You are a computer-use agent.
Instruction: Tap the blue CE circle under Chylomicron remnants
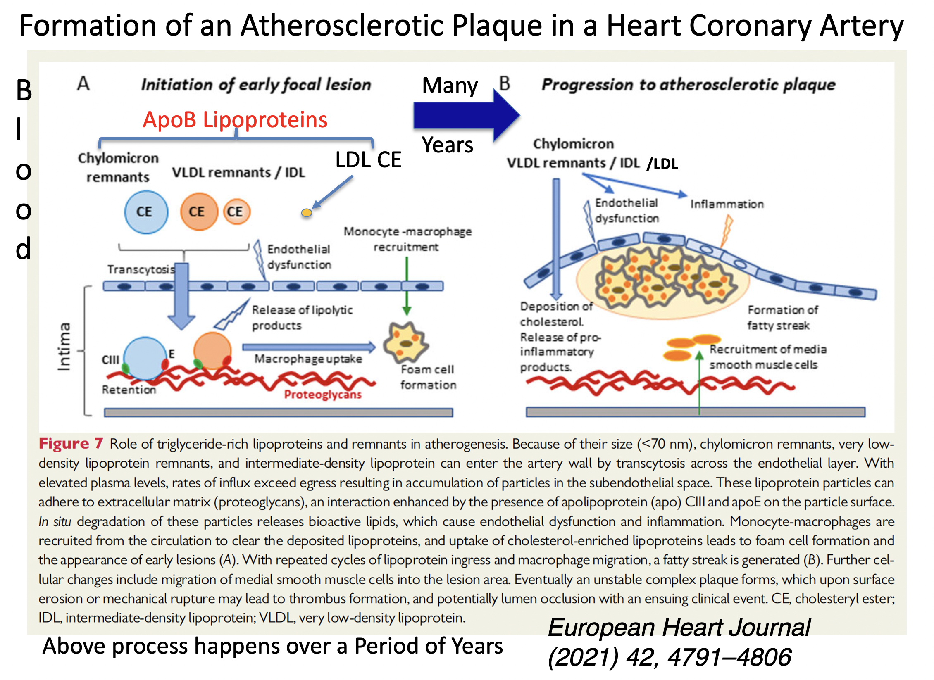[146, 212]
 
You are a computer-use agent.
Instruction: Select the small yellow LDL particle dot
[306, 213]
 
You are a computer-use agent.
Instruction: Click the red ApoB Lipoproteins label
[235, 120]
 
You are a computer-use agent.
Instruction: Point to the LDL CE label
[368, 160]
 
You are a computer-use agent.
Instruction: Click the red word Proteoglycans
[323, 395]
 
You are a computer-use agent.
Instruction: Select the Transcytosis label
[141, 269]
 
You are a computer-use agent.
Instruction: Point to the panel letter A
[83, 84]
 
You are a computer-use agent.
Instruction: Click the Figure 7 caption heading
[70, 444]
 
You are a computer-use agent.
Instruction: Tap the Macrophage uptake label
[308, 359]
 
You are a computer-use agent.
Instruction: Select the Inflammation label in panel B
[727, 204]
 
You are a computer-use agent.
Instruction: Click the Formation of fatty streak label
[782, 317]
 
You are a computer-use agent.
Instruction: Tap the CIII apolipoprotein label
[110, 360]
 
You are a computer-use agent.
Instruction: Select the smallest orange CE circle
[236, 212]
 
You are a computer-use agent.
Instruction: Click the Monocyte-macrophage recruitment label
[407, 239]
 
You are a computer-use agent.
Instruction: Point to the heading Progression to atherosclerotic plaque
[688, 85]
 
